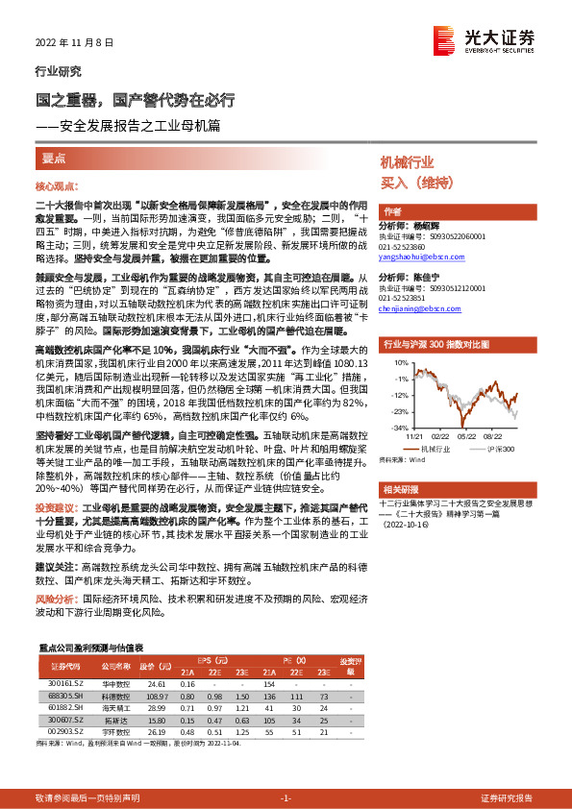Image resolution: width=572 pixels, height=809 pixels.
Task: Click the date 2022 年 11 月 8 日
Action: (x=74, y=43)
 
